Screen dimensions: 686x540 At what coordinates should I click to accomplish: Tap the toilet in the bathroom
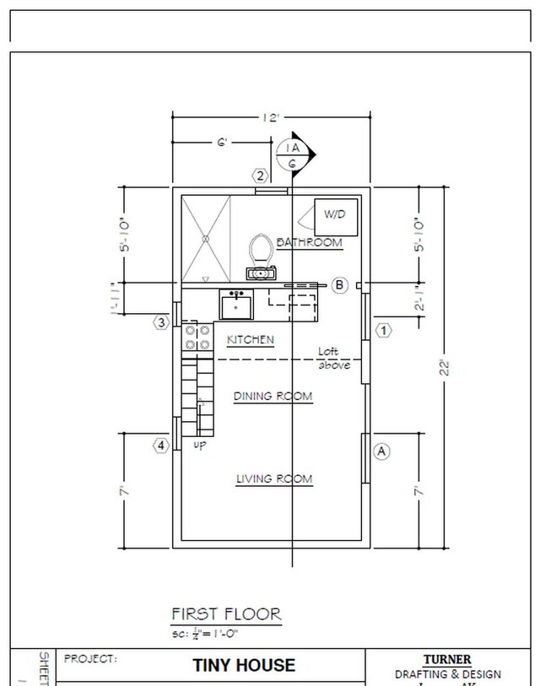[261, 250]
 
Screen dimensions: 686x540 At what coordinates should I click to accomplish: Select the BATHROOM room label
[310, 243]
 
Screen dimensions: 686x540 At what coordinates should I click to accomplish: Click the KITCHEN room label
[250, 340]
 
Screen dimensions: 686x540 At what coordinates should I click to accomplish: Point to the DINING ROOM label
[273, 396]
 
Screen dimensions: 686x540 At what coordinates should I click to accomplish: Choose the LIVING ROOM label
[273, 479]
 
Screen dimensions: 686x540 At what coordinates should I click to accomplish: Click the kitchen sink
[236, 305]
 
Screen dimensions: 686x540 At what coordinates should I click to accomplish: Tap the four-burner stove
[197, 338]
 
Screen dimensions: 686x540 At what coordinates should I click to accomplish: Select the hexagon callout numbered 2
[261, 176]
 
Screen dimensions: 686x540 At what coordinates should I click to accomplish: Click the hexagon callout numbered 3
[161, 322]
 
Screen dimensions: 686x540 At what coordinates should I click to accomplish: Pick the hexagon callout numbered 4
[161, 446]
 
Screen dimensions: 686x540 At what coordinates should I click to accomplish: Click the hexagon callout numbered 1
[383, 330]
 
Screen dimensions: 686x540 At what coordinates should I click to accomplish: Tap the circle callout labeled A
[381, 451]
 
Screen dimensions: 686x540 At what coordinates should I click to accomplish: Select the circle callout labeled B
[339, 285]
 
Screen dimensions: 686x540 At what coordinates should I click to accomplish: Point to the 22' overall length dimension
[445, 367]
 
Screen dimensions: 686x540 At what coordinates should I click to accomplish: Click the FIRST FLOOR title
[226, 613]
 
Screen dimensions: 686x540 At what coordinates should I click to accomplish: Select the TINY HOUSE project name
[245, 665]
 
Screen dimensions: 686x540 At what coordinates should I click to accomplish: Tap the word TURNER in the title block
[447, 660]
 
